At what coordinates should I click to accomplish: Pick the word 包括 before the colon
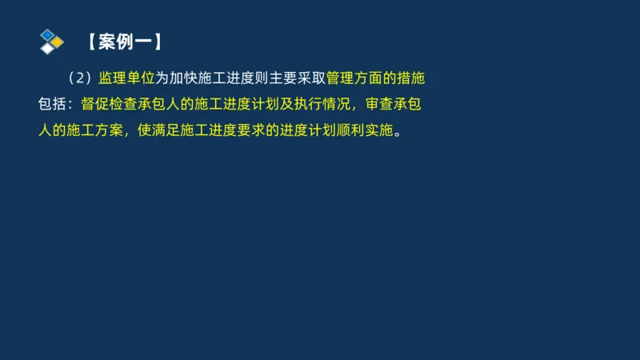(x=53, y=104)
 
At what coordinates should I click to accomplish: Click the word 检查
(x=124, y=104)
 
